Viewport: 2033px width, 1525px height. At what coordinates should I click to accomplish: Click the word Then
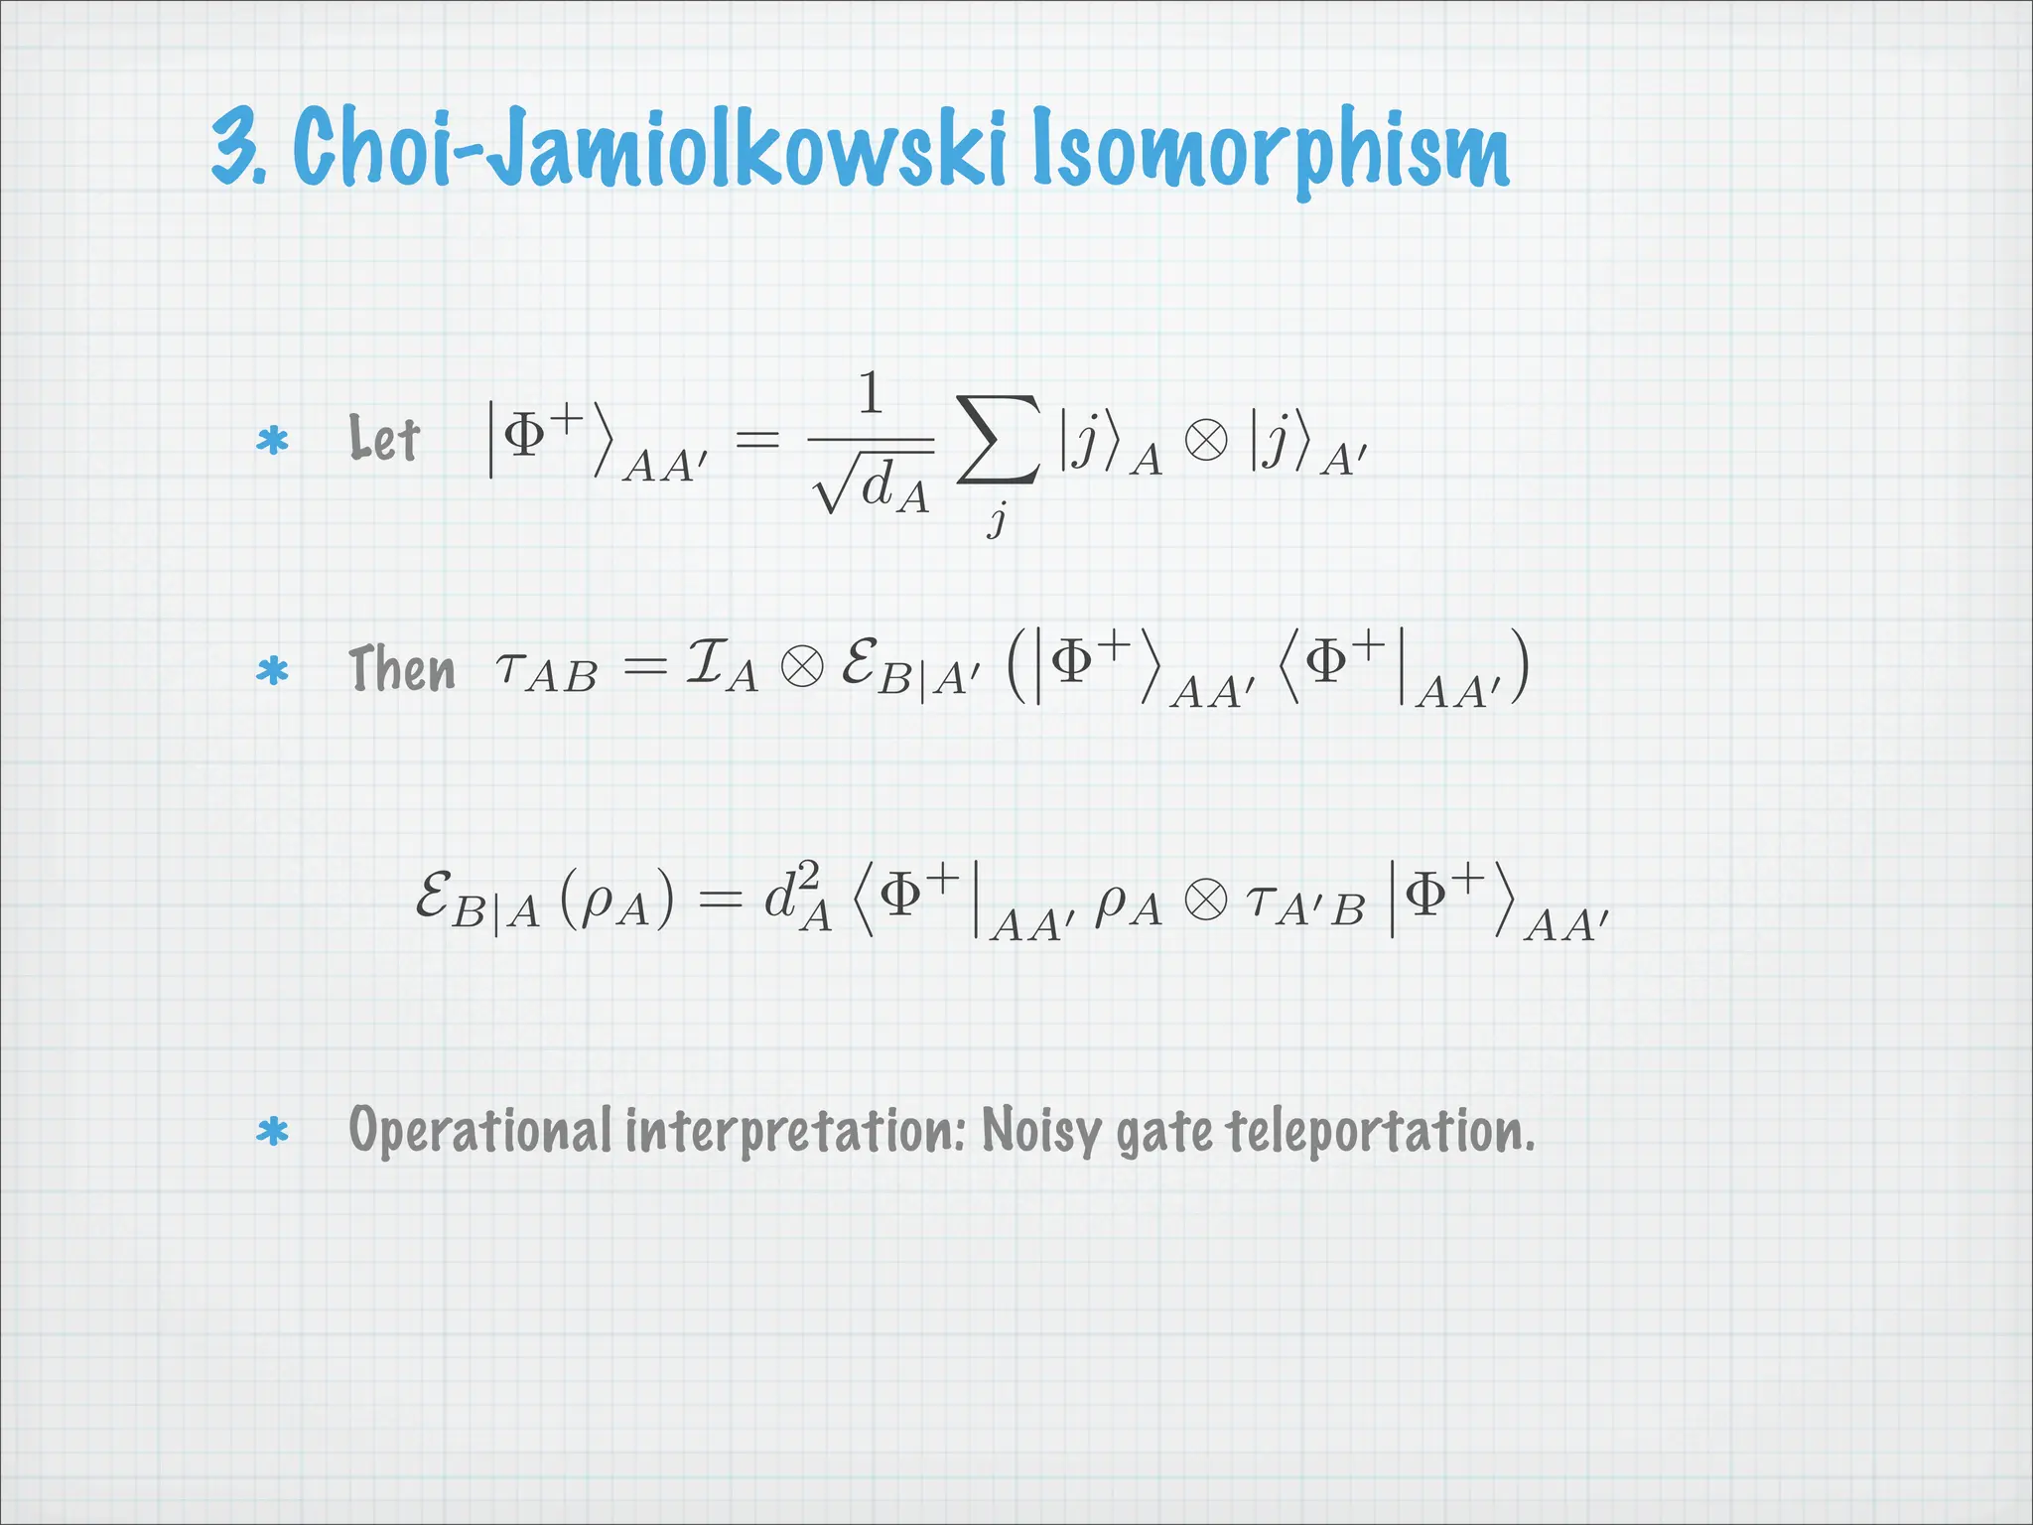tap(402, 668)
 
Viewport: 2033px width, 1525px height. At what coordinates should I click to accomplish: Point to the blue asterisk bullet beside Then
tap(272, 671)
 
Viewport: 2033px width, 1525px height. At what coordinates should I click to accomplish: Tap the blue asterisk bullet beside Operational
tap(272, 1132)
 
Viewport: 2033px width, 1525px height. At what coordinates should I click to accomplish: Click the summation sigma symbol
tap(999, 440)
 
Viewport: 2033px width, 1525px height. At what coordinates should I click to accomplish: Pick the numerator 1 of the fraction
tap(871, 393)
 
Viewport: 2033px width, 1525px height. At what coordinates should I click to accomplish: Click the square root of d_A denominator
tap(872, 485)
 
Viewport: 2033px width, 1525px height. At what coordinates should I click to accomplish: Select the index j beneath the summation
tap(997, 518)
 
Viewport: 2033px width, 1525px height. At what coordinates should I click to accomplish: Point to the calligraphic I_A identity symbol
tap(722, 665)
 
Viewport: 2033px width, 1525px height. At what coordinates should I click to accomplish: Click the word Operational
tap(479, 1131)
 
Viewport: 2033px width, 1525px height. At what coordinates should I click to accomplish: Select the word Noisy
tap(1040, 1131)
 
